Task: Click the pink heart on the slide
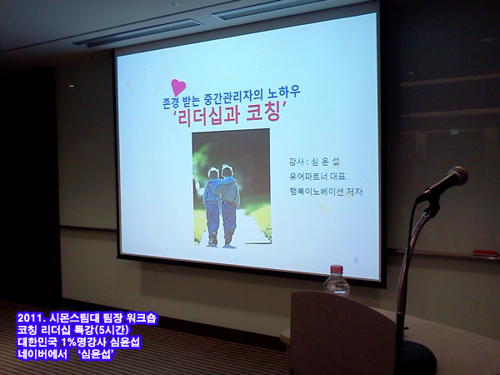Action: tap(178, 87)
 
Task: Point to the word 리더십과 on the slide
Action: tap(207, 116)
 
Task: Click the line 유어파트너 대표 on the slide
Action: tap(317, 177)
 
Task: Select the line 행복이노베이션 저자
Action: tap(326, 192)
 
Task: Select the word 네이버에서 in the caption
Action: tap(42, 354)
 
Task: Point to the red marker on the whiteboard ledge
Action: tap(485, 253)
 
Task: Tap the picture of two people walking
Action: tap(232, 187)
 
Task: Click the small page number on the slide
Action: tap(356, 260)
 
